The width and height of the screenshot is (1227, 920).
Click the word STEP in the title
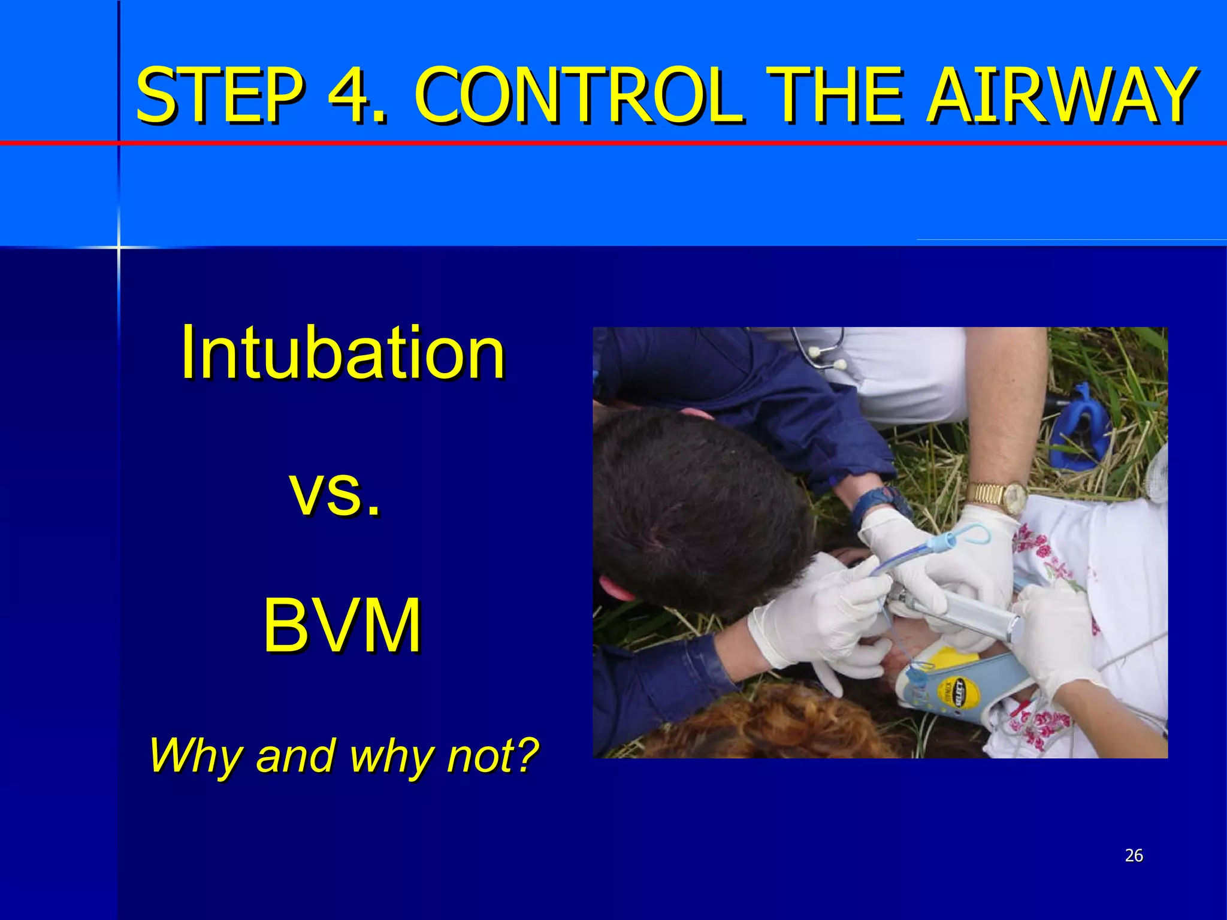point(219,96)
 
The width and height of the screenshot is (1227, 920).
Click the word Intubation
point(343,353)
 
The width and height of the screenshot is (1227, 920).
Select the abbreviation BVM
point(341,626)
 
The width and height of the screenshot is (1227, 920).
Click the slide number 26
point(1134,855)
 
